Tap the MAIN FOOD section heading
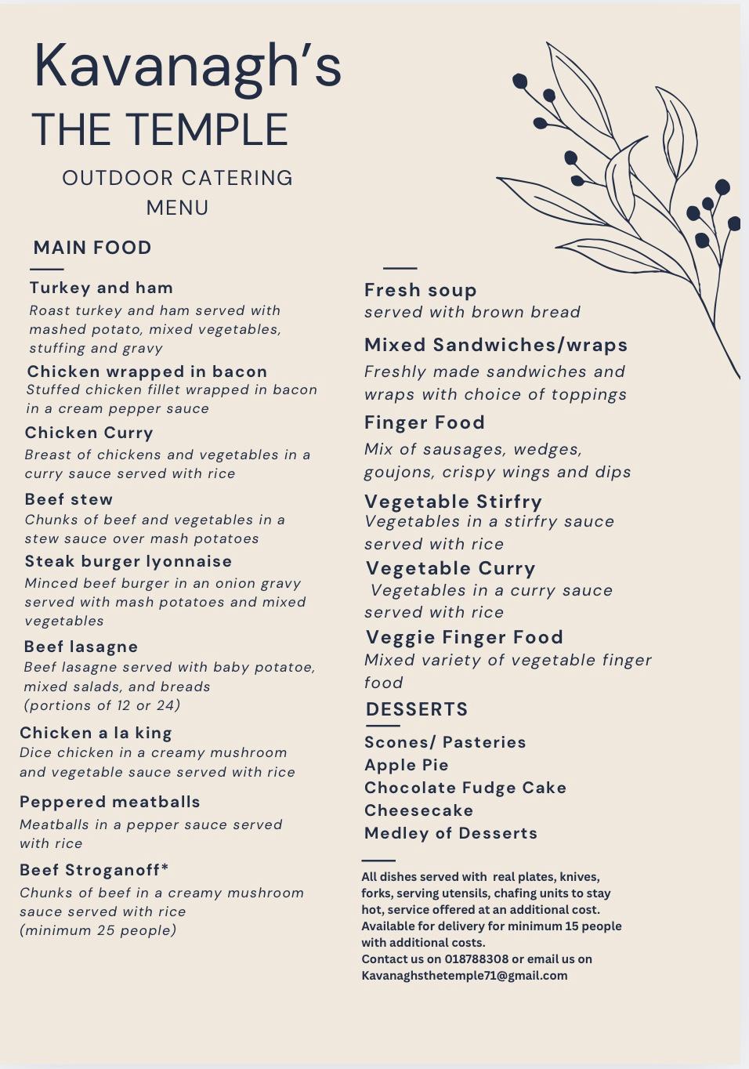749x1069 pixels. point(92,248)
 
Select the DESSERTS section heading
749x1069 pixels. point(417,709)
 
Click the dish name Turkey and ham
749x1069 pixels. point(101,288)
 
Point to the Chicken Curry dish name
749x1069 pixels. point(89,433)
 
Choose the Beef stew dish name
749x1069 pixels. point(69,499)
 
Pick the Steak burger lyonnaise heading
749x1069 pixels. point(128,561)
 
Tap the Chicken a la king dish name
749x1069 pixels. point(96,733)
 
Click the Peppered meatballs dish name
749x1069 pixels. point(110,802)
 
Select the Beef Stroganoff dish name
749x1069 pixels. point(94,870)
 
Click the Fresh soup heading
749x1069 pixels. point(421,290)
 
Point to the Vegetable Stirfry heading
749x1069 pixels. point(453,502)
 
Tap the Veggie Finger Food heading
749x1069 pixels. point(465,637)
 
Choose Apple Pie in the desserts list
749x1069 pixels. point(407,765)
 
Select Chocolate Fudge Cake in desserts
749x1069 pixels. point(465,788)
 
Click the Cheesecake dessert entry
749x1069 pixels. point(419,810)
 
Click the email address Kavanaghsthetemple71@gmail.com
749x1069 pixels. point(465,976)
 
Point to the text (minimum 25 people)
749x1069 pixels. point(98,930)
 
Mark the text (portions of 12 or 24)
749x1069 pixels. point(102,705)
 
